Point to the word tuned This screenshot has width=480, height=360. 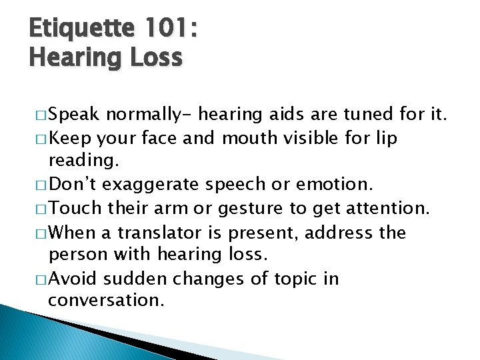pyautogui.click(x=371, y=115)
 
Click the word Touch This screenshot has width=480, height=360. pyautogui.click(x=76, y=209)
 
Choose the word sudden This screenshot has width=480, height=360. pyautogui.click(x=145, y=279)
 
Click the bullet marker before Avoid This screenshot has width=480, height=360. pyautogui.click(x=38, y=280)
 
